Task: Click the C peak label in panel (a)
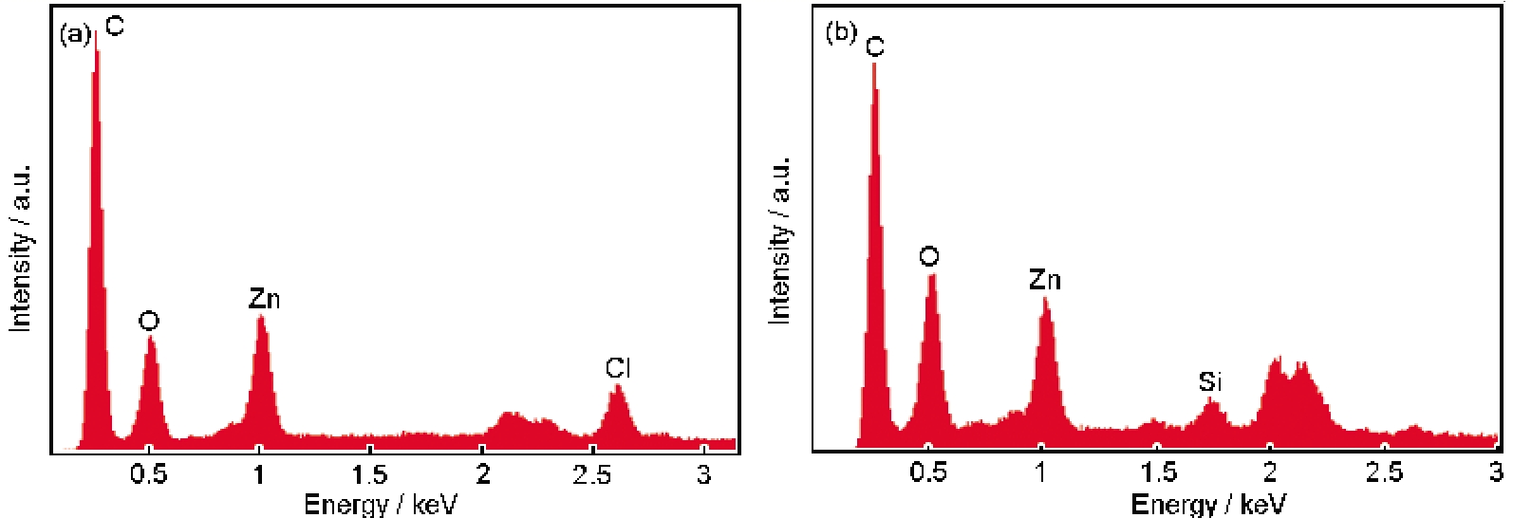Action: pyautogui.click(x=114, y=26)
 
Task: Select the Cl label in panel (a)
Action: pyautogui.click(x=618, y=367)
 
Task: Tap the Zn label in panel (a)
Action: pyautogui.click(x=264, y=299)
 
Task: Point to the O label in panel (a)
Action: pyautogui.click(x=149, y=321)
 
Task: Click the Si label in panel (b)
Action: pyautogui.click(x=1210, y=381)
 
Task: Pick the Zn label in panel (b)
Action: pyautogui.click(x=1044, y=280)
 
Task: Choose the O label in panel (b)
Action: pyautogui.click(x=929, y=256)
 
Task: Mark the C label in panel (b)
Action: pyautogui.click(x=875, y=46)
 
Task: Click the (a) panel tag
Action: pyautogui.click(x=75, y=35)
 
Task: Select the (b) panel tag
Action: pyautogui.click(x=841, y=32)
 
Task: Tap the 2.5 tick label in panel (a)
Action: pyautogui.click(x=593, y=474)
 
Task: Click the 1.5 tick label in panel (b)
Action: pyautogui.click(x=1157, y=472)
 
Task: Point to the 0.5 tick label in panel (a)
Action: pyautogui.click(x=148, y=474)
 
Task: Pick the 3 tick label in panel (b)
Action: pyautogui.click(x=1495, y=472)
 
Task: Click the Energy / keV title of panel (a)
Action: pyautogui.click(x=380, y=504)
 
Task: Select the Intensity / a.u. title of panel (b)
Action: pyautogui.click(x=779, y=240)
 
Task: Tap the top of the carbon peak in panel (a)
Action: pyautogui.click(x=96, y=32)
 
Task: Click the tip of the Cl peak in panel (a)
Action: pyautogui.click(x=617, y=385)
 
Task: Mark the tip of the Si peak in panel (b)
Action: pyautogui.click(x=1210, y=400)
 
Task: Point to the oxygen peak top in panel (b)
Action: pyautogui.click(x=932, y=275)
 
